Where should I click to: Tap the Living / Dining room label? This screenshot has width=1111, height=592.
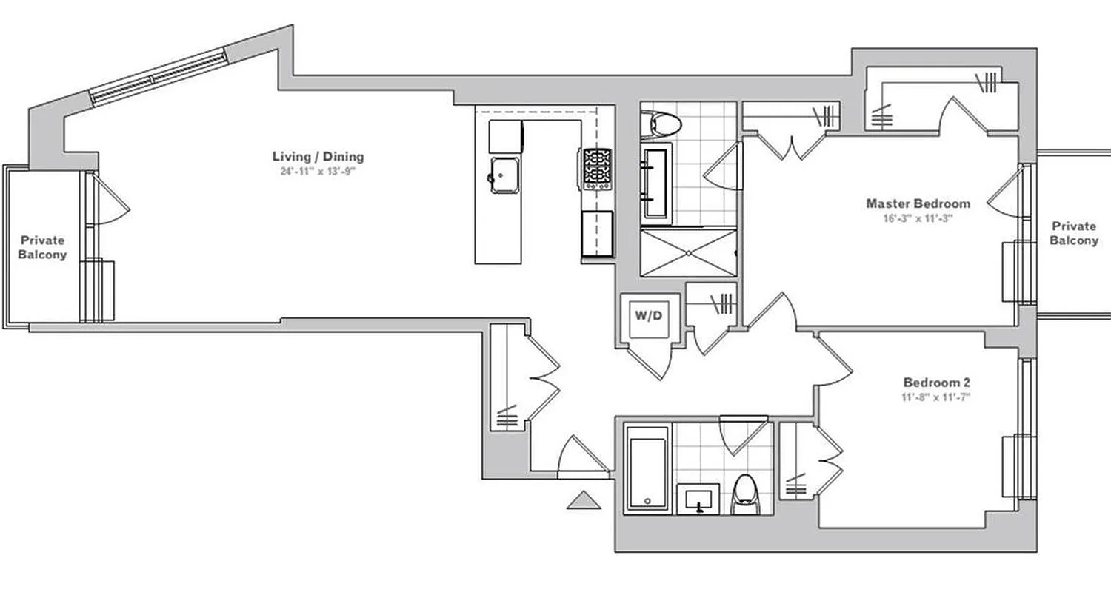pyautogui.click(x=318, y=157)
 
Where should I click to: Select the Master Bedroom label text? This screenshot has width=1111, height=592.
pyautogui.click(x=918, y=203)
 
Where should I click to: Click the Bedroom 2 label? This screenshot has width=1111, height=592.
pyautogui.click(x=936, y=383)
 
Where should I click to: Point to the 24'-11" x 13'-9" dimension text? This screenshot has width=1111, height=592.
pyautogui.click(x=318, y=171)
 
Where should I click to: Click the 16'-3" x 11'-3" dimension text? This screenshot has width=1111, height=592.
pyautogui.click(x=918, y=218)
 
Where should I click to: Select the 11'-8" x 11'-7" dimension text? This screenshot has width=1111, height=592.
pyautogui.click(x=936, y=397)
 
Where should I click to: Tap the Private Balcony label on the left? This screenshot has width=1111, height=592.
pyautogui.click(x=42, y=248)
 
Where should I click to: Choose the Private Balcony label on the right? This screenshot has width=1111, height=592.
pyautogui.click(x=1073, y=234)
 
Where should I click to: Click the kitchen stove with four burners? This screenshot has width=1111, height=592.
pyautogui.click(x=597, y=169)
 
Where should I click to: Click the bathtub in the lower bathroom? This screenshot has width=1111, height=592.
pyautogui.click(x=647, y=468)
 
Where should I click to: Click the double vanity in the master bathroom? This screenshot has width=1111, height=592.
pyautogui.click(x=656, y=184)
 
